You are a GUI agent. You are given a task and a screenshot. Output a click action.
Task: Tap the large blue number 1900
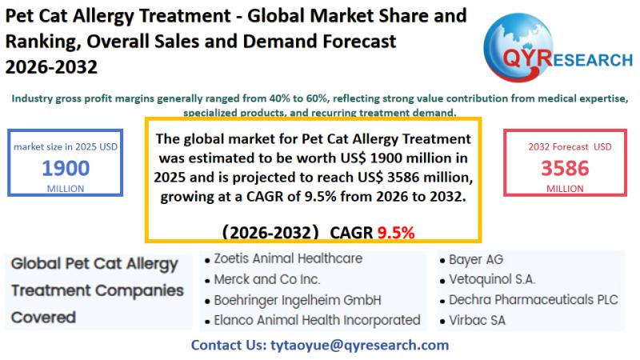pos(66,168)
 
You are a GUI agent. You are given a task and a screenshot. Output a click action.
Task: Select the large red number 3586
pos(564,168)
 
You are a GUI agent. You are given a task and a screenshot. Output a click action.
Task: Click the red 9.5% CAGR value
pos(396,233)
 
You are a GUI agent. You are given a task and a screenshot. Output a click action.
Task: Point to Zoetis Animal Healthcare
pos(288,259)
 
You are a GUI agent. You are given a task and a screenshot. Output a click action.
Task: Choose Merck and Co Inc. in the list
pos(267,280)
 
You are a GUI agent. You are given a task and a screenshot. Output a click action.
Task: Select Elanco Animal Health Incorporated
pos(317,320)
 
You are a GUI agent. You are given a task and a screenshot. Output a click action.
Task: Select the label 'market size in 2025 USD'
pos(66,147)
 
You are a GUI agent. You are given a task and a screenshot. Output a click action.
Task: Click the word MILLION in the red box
pos(565,188)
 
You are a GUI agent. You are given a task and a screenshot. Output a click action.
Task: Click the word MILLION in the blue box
pos(66,188)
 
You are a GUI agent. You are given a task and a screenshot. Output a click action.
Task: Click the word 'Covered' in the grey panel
pos(43,317)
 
